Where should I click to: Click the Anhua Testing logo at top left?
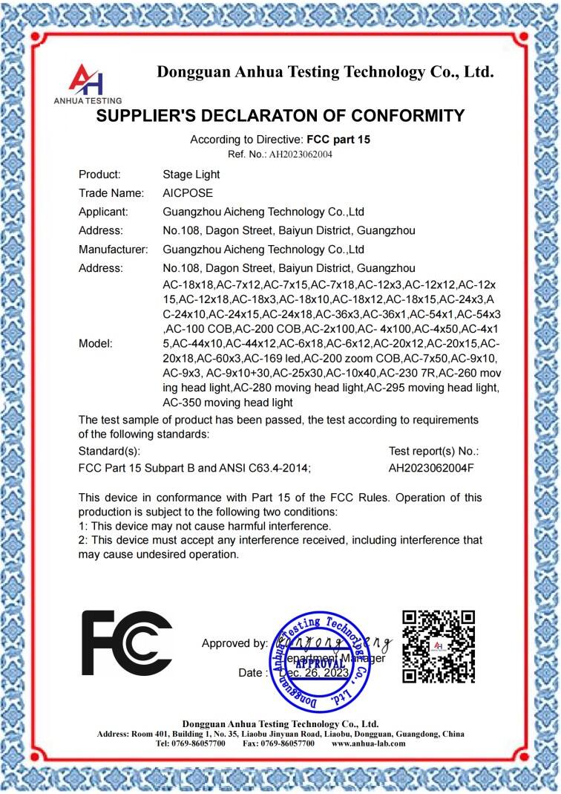click(x=87, y=82)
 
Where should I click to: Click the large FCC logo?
click(x=126, y=643)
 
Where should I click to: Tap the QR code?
click(x=438, y=645)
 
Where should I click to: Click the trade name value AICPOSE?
click(x=188, y=193)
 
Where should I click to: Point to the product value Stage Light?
click(x=191, y=175)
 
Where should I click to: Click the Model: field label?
click(x=96, y=344)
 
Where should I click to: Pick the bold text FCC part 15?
click(x=338, y=140)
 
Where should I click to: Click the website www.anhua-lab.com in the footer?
click(x=369, y=743)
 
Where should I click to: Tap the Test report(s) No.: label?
click(x=434, y=451)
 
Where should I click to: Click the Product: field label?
click(x=99, y=175)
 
